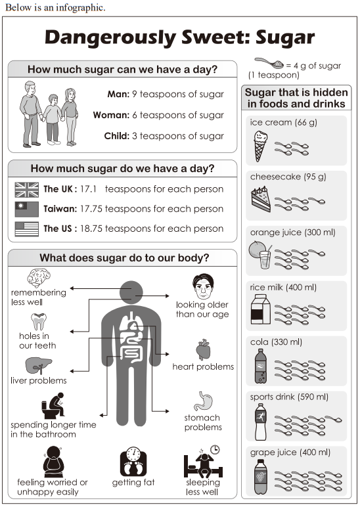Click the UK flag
[x=26, y=190]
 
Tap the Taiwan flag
[x=26, y=209]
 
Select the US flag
[x=26, y=229]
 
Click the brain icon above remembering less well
[x=39, y=277]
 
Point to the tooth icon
[x=39, y=321]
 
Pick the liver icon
[x=39, y=365]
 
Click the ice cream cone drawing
[x=260, y=146]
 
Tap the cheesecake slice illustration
[x=261, y=199]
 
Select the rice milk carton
[x=261, y=309]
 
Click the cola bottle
[x=261, y=366]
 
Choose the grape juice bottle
[x=261, y=477]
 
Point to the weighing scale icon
[x=133, y=462]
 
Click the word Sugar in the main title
[x=285, y=37]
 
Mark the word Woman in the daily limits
[x=111, y=115]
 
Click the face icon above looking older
[x=203, y=286]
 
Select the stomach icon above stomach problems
[x=203, y=401]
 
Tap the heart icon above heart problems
[x=203, y=349]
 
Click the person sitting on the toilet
[x=53, y=405]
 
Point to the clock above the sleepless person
[x=215, y=450]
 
